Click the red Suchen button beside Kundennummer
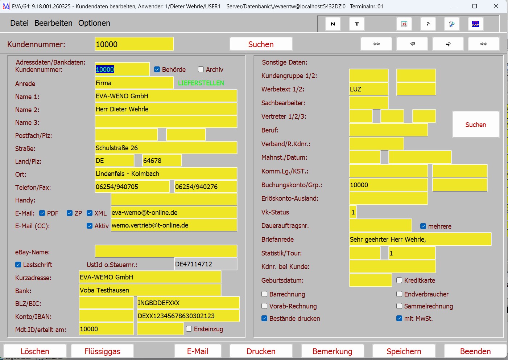coord(261,44)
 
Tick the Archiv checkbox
coord(201,69)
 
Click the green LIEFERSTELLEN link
coord(201,83)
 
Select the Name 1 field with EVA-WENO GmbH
coord(166,96)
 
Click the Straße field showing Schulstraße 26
coord(166,148)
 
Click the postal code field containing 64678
coord(162,160)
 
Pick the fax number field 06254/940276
coord(206,187)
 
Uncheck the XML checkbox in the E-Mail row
coord(90,213)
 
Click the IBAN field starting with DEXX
coord(188,316)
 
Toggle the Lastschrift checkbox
coord(18,265)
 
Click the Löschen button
coord(35,351)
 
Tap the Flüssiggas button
coord(102,351)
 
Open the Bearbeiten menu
coord(53,23)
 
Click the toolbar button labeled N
coord(333,24)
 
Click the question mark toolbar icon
coord(428,24)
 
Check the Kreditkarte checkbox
coord(399,280)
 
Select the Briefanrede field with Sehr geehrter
coord(420,239)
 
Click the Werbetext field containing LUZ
coord(368,89)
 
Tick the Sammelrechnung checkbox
coord(399,306)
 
